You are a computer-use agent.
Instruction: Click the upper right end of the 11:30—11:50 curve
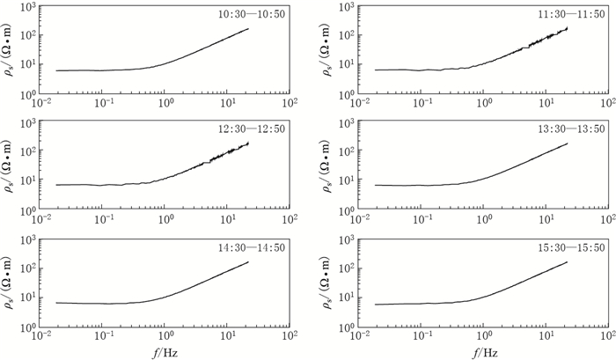[568, 27]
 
